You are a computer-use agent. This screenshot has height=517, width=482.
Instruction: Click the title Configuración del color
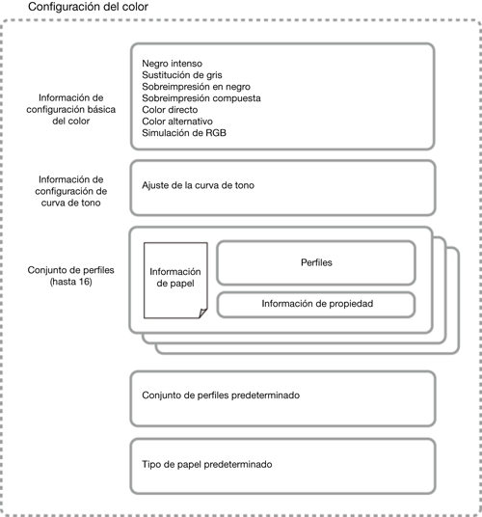(88, 7)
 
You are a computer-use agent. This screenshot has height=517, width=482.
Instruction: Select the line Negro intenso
(172, 64)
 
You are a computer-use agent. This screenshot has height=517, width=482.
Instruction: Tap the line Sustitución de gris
(182, 75)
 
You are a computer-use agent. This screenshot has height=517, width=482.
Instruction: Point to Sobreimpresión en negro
(196, 87)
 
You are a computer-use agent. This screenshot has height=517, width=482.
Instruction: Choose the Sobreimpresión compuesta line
(201, 98)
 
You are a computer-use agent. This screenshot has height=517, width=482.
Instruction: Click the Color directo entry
(170, 110)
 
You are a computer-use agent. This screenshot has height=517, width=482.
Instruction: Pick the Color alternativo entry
(177, 122)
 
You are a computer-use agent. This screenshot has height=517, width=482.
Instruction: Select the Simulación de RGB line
(184, 133)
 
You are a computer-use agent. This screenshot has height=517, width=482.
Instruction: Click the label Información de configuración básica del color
(70, 109)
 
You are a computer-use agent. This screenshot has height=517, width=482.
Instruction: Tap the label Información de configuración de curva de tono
(70, 191)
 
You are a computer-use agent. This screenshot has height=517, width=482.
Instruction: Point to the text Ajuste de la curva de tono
(198, 185)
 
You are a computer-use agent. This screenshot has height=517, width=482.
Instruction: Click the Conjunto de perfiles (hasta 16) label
(70, 276)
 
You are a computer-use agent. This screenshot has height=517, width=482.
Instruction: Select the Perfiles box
(316, 262)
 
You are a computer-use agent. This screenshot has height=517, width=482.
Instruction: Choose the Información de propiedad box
(316, 305)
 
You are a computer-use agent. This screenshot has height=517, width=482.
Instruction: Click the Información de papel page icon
(175, 281)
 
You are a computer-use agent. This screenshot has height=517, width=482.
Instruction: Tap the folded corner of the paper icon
(203, 313)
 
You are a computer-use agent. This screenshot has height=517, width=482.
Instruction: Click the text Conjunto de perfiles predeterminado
(221, 395)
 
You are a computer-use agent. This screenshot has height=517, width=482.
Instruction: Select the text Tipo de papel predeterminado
(207, 465)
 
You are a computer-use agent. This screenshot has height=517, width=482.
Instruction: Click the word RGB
(216, 133)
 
